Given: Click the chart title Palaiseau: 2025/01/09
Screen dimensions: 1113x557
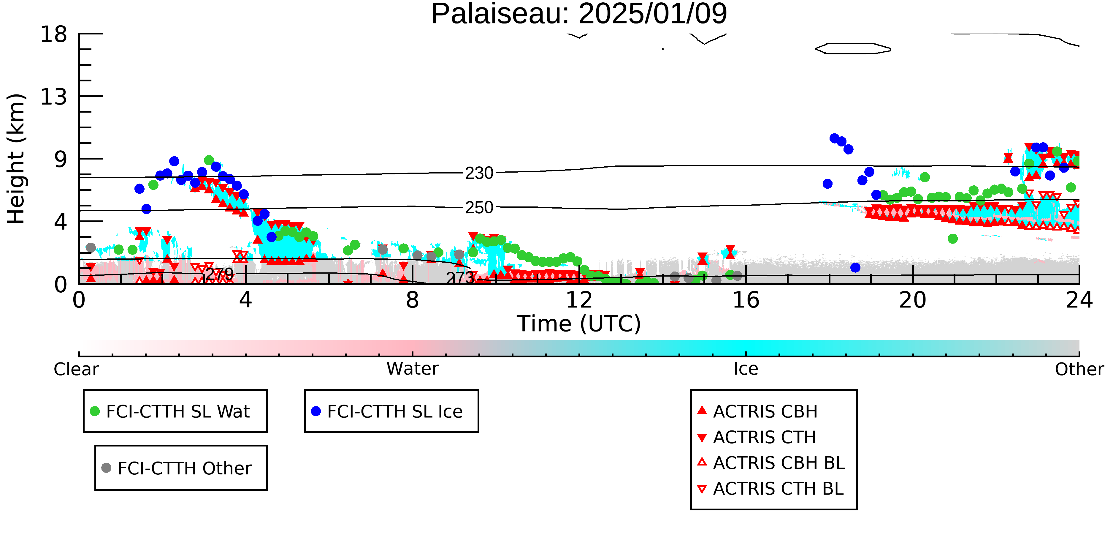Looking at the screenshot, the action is [579, 14].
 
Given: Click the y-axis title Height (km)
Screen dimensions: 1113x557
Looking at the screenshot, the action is [16, 159].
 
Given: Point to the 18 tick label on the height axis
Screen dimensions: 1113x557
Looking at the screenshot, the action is [54, 34].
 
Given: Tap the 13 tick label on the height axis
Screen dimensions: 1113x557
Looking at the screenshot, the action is [54, 97].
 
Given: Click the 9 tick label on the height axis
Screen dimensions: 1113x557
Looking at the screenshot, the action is [61, 160].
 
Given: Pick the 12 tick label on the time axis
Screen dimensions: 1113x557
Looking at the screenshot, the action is [579, 300].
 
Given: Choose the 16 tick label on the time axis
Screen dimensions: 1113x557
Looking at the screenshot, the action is [746, 300].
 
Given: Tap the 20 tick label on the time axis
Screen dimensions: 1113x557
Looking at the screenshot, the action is [913, 300].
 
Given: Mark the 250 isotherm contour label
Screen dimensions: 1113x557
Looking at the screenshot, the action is [479, 208].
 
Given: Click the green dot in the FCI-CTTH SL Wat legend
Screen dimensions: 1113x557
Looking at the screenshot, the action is [95, 411].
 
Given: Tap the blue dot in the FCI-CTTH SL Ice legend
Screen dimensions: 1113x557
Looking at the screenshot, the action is [316, 411].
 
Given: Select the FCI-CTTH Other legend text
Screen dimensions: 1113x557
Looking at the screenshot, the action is [185, 468].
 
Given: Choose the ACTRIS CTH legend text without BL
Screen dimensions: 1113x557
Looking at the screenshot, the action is [764, 438].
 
